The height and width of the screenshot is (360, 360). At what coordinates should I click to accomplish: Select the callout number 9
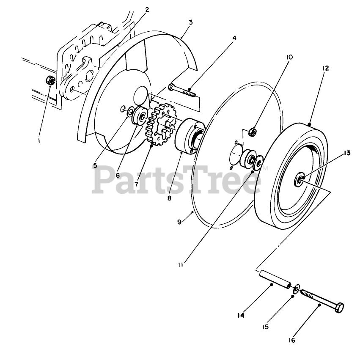(179, 221)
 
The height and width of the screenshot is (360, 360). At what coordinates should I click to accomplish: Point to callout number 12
(325, 68)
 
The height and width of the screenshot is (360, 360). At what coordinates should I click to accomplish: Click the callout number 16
(292, 340)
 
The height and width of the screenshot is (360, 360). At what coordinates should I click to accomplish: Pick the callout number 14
(241, 315)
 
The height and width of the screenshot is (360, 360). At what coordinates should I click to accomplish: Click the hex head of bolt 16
(339, 308)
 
